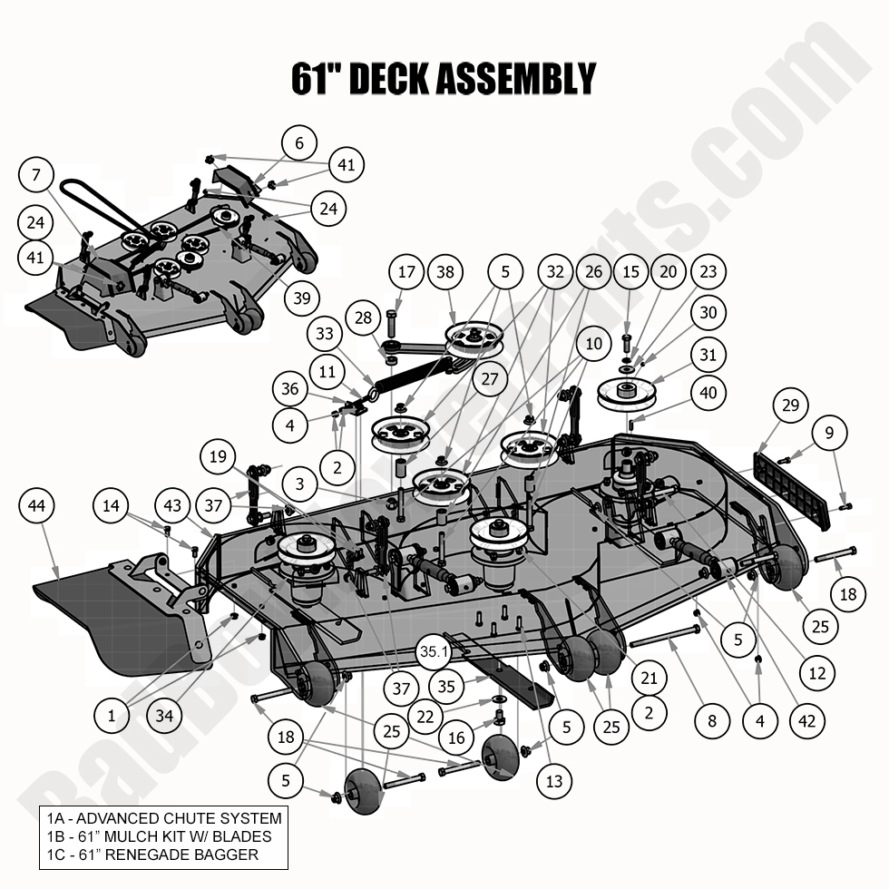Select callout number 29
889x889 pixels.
790,405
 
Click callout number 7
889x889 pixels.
37,175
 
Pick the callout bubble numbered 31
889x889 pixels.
708,355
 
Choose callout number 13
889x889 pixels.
554,781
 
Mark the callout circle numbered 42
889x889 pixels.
807,722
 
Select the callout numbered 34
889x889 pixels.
164,716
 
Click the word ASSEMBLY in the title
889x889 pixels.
515,79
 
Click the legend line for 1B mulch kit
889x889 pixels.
159,836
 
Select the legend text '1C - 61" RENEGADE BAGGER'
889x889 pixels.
152,855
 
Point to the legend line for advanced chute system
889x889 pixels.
164,817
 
